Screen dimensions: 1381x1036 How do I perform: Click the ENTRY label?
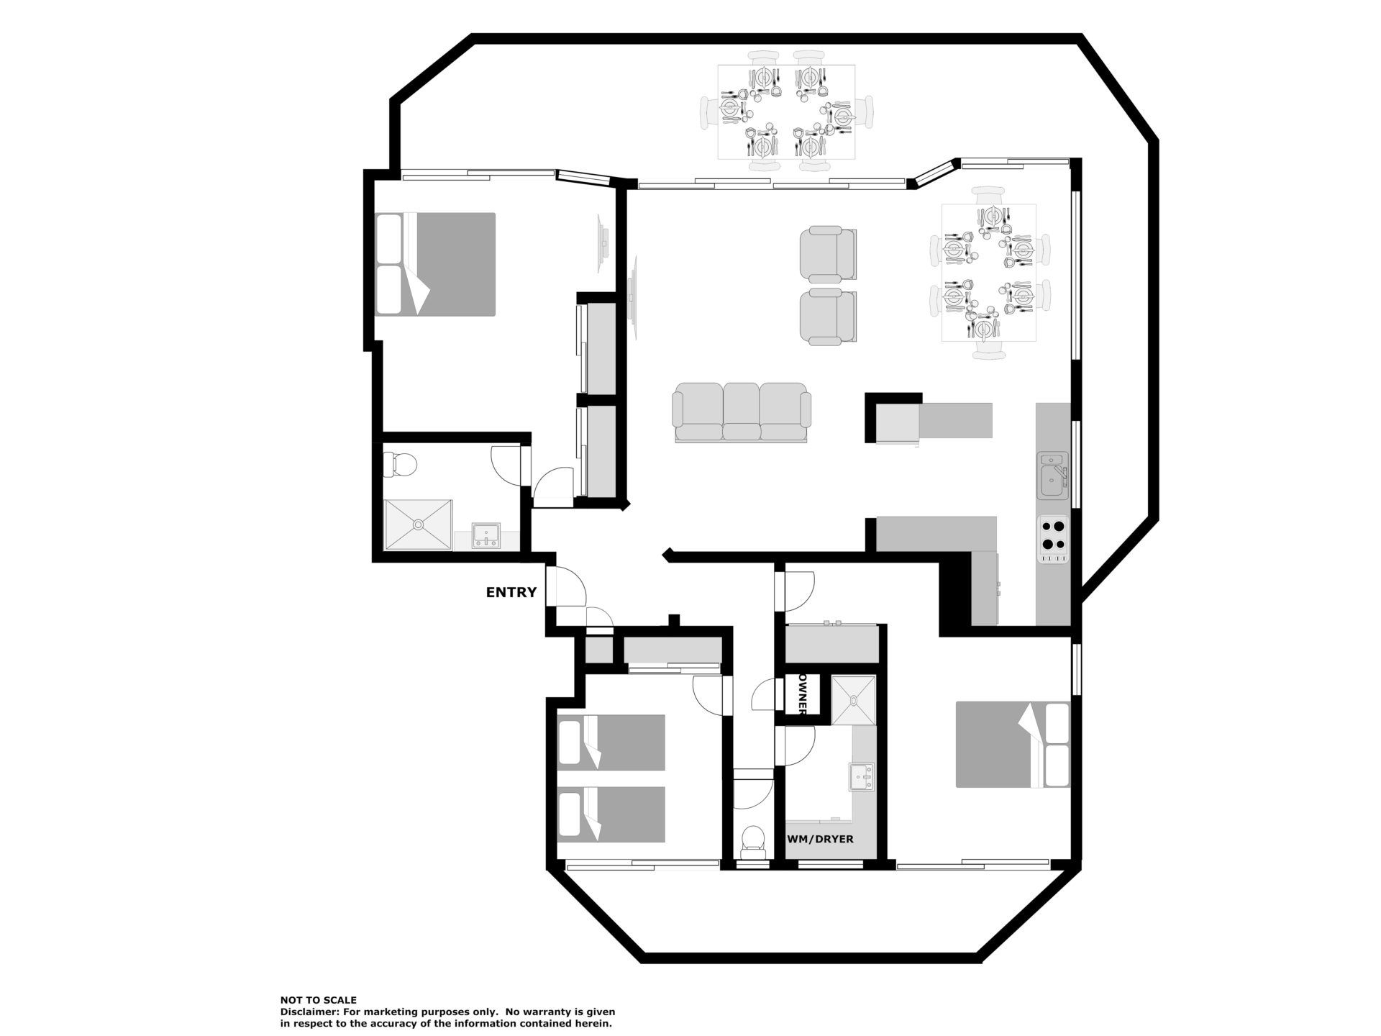click(511, 593)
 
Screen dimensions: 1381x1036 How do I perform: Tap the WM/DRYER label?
click(821, 839)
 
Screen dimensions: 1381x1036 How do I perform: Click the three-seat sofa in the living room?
click(741, 412)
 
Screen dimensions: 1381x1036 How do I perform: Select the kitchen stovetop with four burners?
click(1053, 539)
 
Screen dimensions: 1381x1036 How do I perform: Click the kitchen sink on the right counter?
click(1053, 476)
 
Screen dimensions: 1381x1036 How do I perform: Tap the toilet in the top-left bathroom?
click(400, 465)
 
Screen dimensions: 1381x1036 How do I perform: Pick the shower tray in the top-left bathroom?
click(418, 525)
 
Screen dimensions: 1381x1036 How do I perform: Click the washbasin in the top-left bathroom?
click(487, 537)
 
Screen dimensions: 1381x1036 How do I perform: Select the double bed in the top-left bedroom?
click(435, 264)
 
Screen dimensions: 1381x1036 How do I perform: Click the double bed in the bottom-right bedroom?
click(1013, 745)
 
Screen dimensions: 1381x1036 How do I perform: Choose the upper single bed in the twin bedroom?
click(611, 742)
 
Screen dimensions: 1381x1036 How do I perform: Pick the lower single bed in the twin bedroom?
click(611, 814)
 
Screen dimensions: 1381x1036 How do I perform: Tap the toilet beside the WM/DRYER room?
click(752, 842)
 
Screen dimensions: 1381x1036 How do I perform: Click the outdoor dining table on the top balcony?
click(787, 112)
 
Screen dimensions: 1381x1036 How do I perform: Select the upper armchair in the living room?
click(828, 254)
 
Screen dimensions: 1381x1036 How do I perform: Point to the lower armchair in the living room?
click(828, 316)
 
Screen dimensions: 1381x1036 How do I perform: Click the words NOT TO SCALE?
click(319, 1000)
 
